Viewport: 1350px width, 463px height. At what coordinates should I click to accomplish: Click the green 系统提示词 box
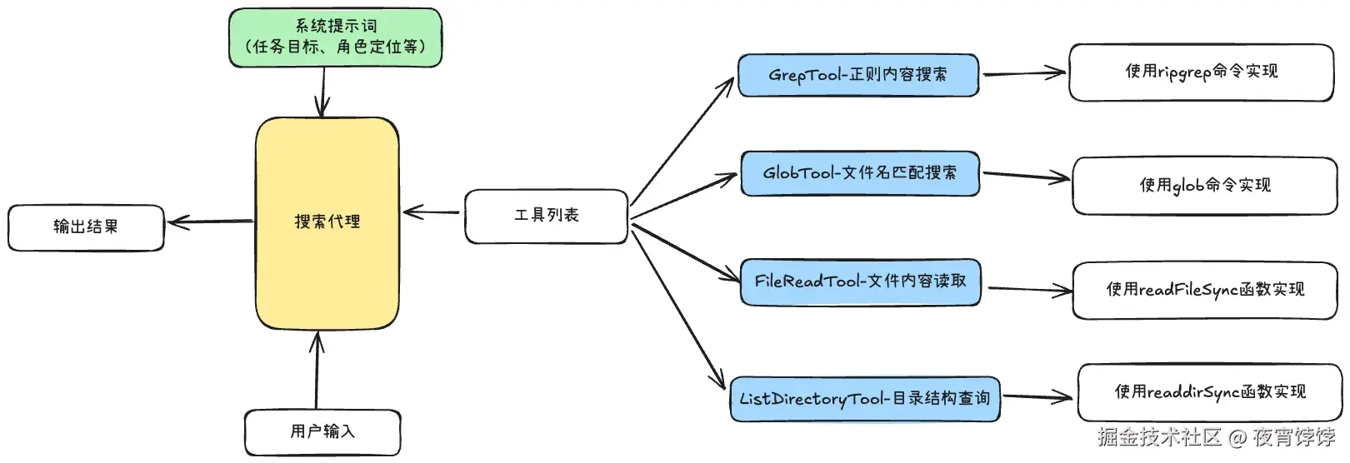335,37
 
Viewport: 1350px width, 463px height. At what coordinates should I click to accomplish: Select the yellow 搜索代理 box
327,222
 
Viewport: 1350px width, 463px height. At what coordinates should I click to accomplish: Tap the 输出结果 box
86,227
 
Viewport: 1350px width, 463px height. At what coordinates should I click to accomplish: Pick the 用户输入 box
322,431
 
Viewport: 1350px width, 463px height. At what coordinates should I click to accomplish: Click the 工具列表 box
546,217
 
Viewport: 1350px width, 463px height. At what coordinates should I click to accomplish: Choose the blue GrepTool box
857,75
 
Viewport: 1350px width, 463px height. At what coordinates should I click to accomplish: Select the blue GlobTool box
859,173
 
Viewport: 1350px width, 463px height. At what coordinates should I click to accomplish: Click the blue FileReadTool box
860,281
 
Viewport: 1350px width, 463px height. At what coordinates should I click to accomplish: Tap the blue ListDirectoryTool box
864,399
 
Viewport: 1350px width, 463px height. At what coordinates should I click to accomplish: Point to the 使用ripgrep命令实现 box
1201,72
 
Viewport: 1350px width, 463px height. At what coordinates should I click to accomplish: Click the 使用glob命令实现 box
1204,185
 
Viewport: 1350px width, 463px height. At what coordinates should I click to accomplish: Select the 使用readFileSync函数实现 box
1204,290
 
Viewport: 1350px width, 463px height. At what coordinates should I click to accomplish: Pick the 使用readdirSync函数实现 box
1209,392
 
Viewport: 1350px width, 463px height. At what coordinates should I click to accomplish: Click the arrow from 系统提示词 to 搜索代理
322,92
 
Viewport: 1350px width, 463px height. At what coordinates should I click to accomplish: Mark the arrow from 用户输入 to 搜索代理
317,371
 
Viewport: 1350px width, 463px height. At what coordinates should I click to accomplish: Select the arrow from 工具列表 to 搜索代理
431,213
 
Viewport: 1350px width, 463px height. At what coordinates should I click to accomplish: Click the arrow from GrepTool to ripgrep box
1023,73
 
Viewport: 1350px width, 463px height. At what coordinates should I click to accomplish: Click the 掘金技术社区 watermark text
1159,437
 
